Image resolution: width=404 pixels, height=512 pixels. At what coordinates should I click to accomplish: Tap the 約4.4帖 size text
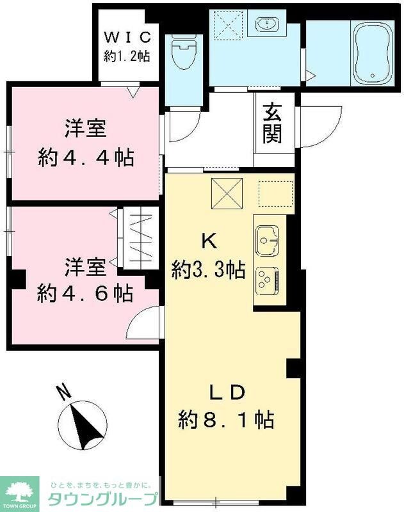coord(85,158)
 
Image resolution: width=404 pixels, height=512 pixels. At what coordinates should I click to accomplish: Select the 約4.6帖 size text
coord(85,293)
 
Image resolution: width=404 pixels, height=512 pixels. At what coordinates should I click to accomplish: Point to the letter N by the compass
coord(62,391)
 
